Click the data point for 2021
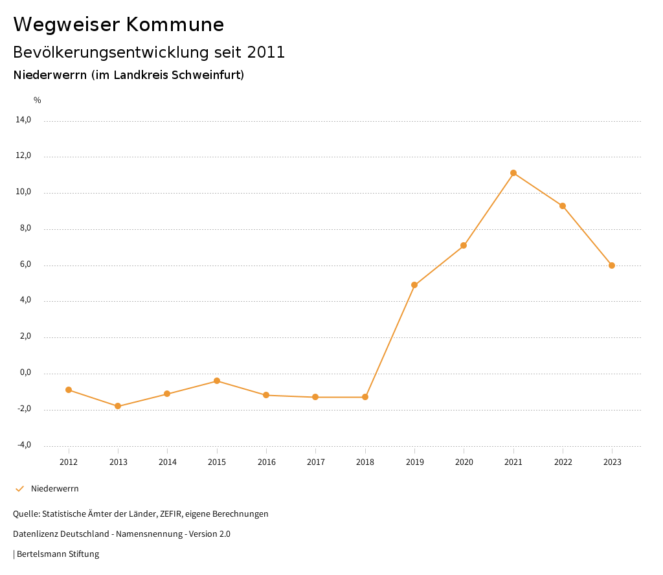[x=513, y=173]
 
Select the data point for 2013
[x=118, y=406]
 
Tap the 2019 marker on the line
[x=414, y=285]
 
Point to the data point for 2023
[x=612, y=265]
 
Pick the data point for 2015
[x=217, y=381]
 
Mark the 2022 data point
[x=563, y=206]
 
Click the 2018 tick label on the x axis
[x=365, y=462]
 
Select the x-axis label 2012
[x=69, y=462]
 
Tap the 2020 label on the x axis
[x=464, y=462]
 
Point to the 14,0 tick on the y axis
[x=23, y=120]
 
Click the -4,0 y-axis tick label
[x=23, y=445]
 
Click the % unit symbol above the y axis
[x=38, y=100]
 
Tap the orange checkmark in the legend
[x=19, y=489]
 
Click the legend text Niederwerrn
[x=55, y=489]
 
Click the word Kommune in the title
[x=175, y=25]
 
